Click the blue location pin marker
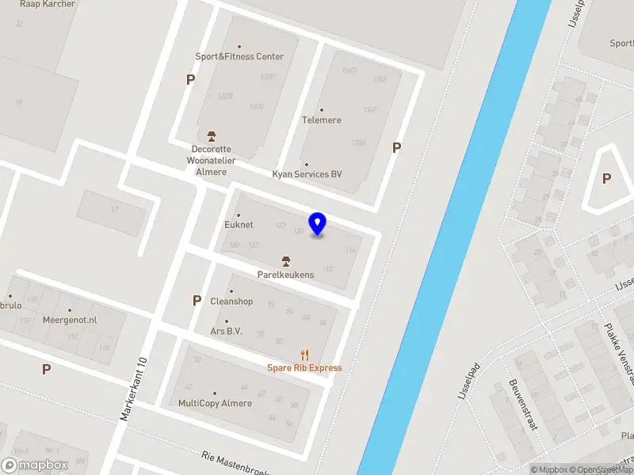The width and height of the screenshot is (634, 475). point(318,224)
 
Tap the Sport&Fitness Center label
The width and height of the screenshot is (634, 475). point(239,56)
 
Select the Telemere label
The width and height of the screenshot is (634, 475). point(321,120)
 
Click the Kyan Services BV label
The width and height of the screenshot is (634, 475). point(307,174)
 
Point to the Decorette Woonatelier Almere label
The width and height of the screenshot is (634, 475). point(211,160)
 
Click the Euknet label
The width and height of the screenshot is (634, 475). point(239,225)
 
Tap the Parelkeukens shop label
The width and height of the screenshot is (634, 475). point(285,275)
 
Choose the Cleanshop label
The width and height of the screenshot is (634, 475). point(231,302)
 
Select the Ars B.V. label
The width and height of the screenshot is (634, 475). point(226,332)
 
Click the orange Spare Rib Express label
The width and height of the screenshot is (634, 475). point(304,368)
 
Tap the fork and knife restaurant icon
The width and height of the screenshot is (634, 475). point(304,355)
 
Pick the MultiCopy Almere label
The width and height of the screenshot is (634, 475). point(215,403)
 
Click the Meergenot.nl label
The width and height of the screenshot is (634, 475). point(71,320)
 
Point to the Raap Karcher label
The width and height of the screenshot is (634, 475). point(48,4)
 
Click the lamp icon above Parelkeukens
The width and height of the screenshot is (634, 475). point(285,260)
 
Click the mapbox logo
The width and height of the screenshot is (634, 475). point(35,465)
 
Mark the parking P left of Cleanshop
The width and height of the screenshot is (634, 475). point(197,301)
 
